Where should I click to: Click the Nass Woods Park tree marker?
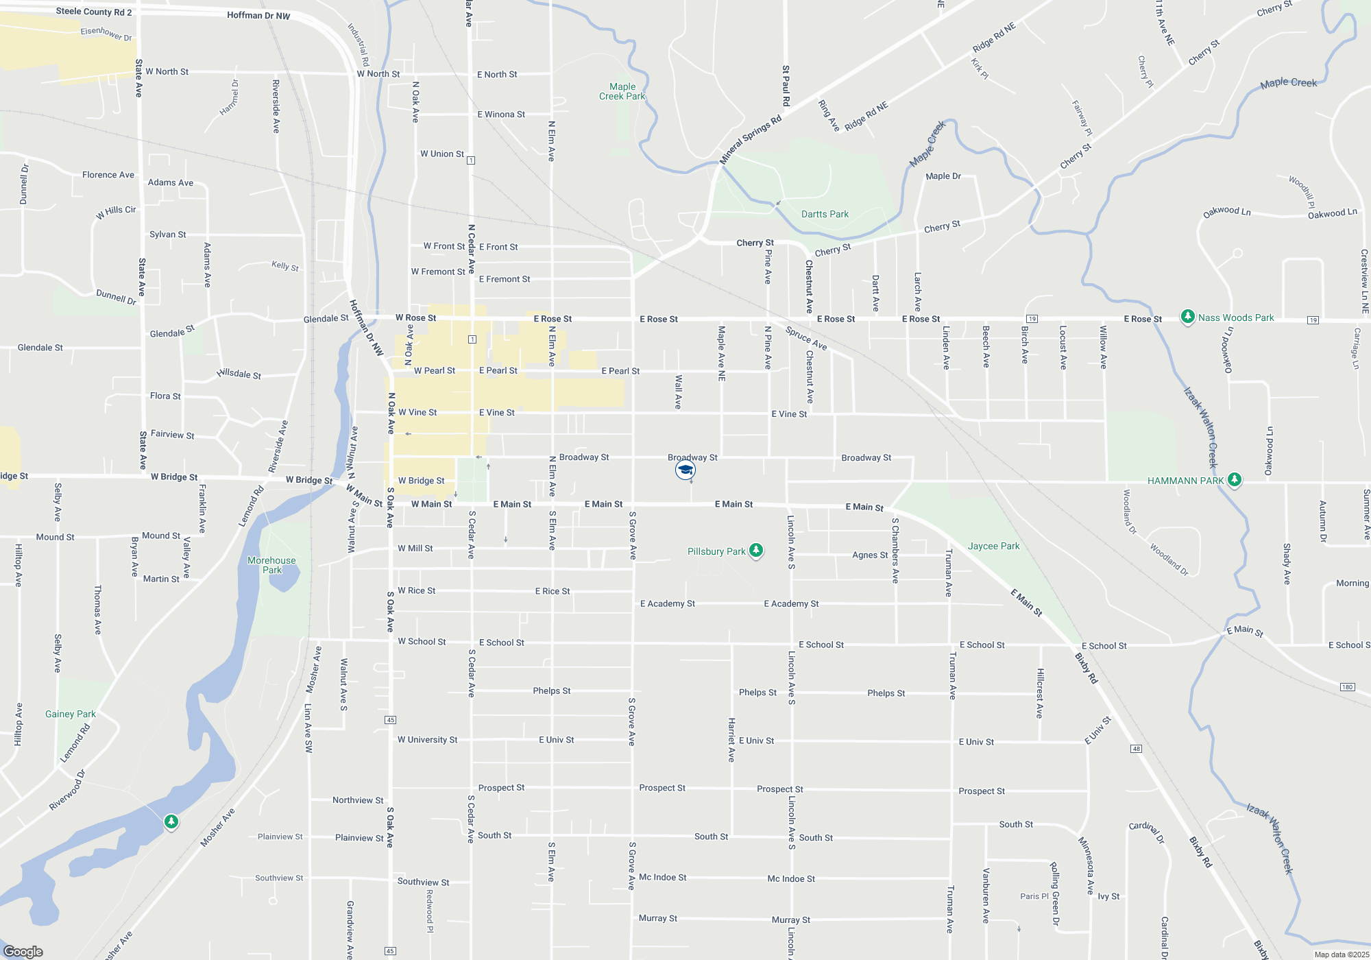pos(1187,317)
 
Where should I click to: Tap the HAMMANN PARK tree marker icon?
pos(1235,479)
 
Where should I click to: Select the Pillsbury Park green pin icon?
pos(756,550)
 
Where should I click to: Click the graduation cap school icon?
pos(685,470)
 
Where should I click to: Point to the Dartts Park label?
pos(825,214)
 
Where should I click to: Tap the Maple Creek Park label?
pos(622,91)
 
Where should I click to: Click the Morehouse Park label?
pos(271,565)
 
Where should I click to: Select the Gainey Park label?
pos(71,714)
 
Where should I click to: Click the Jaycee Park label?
pos(993,546)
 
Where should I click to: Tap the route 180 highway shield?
pos(1347,686)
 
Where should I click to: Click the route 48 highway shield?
pos(1136,748)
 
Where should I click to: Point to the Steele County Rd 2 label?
pos(94,12)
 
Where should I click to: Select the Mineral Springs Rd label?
pos(751,140)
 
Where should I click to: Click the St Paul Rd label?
pos(786,86)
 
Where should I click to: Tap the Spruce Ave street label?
pos(806,337)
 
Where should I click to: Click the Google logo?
pos(23,951)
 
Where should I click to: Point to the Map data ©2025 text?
pos(1342,955)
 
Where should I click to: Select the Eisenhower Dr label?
pos(106,34)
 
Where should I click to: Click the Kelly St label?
pos(285,265)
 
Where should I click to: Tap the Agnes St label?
pos(870,555)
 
